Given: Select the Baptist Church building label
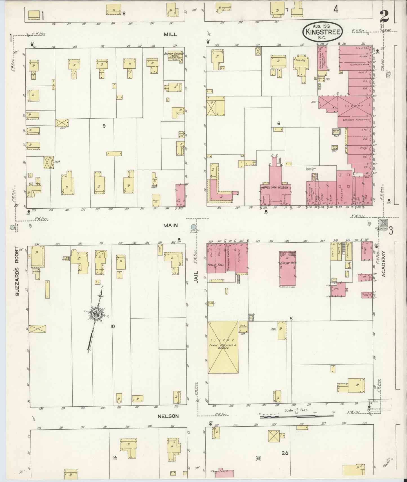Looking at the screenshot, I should [x=174, y=53].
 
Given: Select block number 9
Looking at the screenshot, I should [x=104, y=126].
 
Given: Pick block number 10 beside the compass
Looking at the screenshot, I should [x=113, y=326].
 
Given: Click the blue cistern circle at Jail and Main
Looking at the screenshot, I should [x=193, y=227].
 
